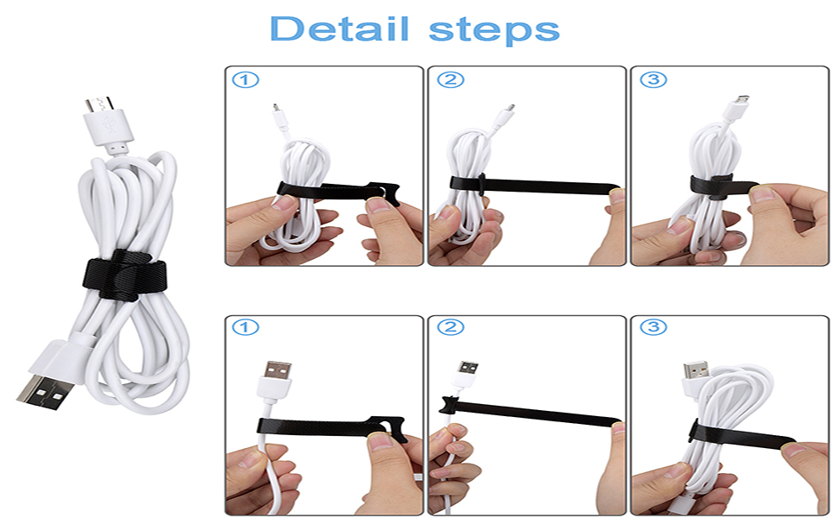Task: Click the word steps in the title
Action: pos(494,29)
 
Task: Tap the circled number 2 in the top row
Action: pos(450,80)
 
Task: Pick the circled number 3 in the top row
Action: pos(652,80)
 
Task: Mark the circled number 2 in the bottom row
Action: pos(450,329)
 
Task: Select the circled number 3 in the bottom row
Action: pos(652,329)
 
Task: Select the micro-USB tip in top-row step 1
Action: pos(275,111)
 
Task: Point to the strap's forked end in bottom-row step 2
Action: pos(449,403)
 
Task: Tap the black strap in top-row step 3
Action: pos(713,182)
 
